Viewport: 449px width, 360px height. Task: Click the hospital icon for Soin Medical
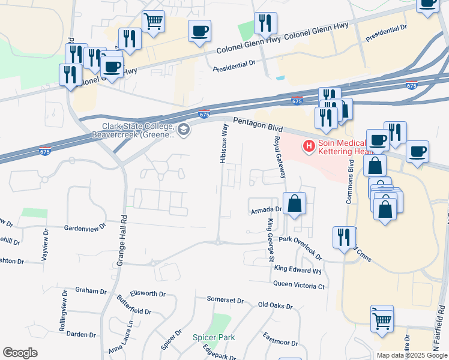[x=309, y=146]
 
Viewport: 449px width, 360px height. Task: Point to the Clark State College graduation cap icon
[x=184, y=128]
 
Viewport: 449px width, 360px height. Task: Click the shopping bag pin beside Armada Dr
[x=295, y=204]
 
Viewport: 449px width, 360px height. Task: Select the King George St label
[x=271, y=240]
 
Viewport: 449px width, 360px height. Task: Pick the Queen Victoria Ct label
[x=298, y=286]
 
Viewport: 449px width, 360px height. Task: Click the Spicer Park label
[x=214, y=337]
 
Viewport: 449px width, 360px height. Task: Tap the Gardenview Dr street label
[x=85, y=228]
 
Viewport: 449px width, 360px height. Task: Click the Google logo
[x=20, y=353]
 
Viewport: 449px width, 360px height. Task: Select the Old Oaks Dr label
[x=275, y=306]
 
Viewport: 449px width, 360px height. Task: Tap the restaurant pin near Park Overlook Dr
[x=343, y=237]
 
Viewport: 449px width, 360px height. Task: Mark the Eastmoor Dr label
[x=280, y=340]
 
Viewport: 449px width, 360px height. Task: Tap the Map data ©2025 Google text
[x=411, y=355]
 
